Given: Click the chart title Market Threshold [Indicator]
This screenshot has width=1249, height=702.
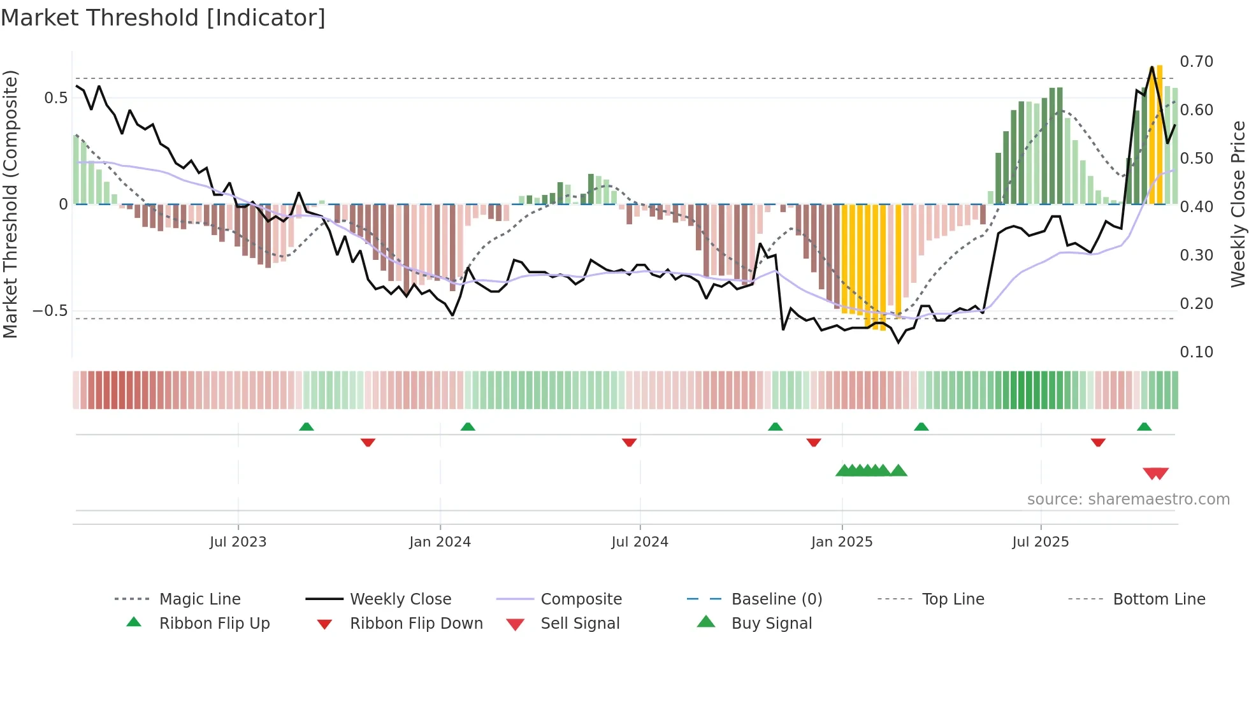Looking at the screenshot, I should pos(163,18).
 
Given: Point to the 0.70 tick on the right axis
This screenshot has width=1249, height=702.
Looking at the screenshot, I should pos(1196,62).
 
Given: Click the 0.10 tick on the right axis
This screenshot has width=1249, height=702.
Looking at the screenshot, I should pos(1196,352).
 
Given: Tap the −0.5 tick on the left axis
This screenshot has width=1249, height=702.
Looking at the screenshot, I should pos(50,311).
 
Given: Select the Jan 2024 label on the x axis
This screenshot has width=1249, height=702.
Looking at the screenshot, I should pos(440,542).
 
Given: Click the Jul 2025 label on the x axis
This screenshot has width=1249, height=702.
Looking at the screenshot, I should pos(1040,542).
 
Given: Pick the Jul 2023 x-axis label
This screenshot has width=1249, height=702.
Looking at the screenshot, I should pos(238,542).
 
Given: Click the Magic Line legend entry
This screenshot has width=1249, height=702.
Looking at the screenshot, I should pos(199,599).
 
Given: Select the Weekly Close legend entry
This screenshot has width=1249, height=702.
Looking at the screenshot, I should pos(400,599).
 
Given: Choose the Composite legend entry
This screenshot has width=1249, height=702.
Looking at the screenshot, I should pos(581,599).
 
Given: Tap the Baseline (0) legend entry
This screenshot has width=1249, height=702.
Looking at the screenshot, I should pos(776,599).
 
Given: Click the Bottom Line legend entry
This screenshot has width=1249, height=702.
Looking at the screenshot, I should pos(1159,599).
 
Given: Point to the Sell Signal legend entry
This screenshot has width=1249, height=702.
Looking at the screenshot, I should pos(579,624).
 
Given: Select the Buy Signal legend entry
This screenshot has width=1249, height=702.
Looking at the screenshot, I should pos(771,624).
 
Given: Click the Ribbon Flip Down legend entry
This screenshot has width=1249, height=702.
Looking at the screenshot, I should pos(415,624).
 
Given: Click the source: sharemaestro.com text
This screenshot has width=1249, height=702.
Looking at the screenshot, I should pos(1128,499).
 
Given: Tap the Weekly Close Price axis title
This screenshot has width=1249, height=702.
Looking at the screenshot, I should pos(1238,204).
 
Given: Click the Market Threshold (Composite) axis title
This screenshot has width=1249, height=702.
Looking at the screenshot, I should pos(10,204).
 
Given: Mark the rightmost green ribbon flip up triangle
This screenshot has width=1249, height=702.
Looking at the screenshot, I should pos(1144,427).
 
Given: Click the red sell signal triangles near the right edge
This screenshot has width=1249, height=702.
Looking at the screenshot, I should pos(1155,473).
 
